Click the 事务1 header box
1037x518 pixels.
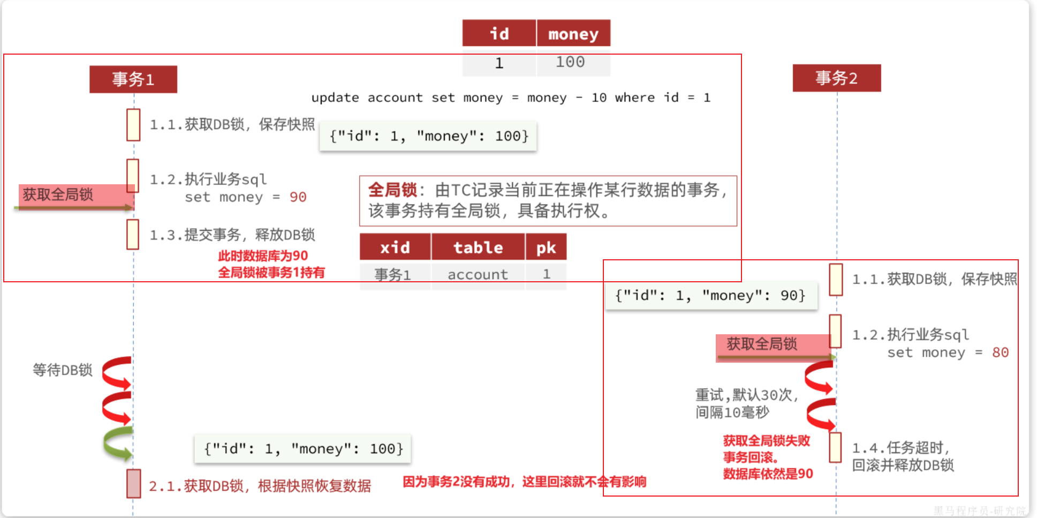coord(133,79)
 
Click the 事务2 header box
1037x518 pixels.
coord(836,78)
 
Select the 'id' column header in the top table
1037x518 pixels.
coord(499,34)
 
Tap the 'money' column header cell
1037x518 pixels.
coord(573,34)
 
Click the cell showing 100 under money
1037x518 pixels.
coord(570,62)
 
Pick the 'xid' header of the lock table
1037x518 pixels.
coord(395,247)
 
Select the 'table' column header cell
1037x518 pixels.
coord(478,247)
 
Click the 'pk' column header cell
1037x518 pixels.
coord(546,247)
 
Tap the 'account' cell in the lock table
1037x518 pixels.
coord(478,275)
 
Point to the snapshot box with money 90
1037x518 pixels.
coord(710,295)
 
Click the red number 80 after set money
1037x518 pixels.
coord(1000,352)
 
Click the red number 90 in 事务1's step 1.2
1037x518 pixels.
coord(298,197)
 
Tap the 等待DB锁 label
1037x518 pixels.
coord(63,370)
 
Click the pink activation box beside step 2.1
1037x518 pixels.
coord(133,483)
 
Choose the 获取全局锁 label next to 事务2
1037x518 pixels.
coord(762,344)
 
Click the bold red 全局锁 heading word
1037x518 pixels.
coord(392,190)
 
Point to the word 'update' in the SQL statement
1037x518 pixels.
coord(335,97)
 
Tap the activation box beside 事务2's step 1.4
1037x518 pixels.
coord(835,447)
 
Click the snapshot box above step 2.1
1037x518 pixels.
coord(303,448)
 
